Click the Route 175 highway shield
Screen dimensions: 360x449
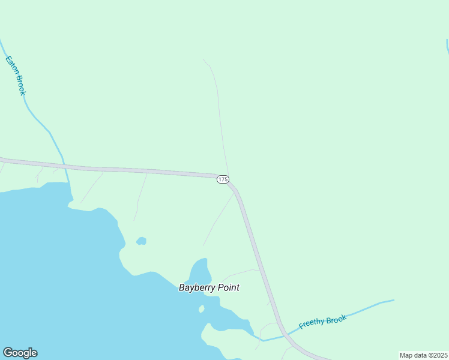coord(223,179)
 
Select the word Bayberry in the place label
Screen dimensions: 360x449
coord(197,288)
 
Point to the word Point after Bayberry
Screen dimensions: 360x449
coord(228,287)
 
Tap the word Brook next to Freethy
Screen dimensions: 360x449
coord(337,319)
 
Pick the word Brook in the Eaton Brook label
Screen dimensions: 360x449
coord(20,85)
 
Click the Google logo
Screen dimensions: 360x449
coord(20,353)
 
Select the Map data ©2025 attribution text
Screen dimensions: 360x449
coord(423,355)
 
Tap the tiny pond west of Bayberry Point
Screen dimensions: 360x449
coord(141,241)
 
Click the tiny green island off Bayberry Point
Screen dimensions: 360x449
coord(202,309)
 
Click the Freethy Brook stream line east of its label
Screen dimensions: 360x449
coord(372,305)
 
